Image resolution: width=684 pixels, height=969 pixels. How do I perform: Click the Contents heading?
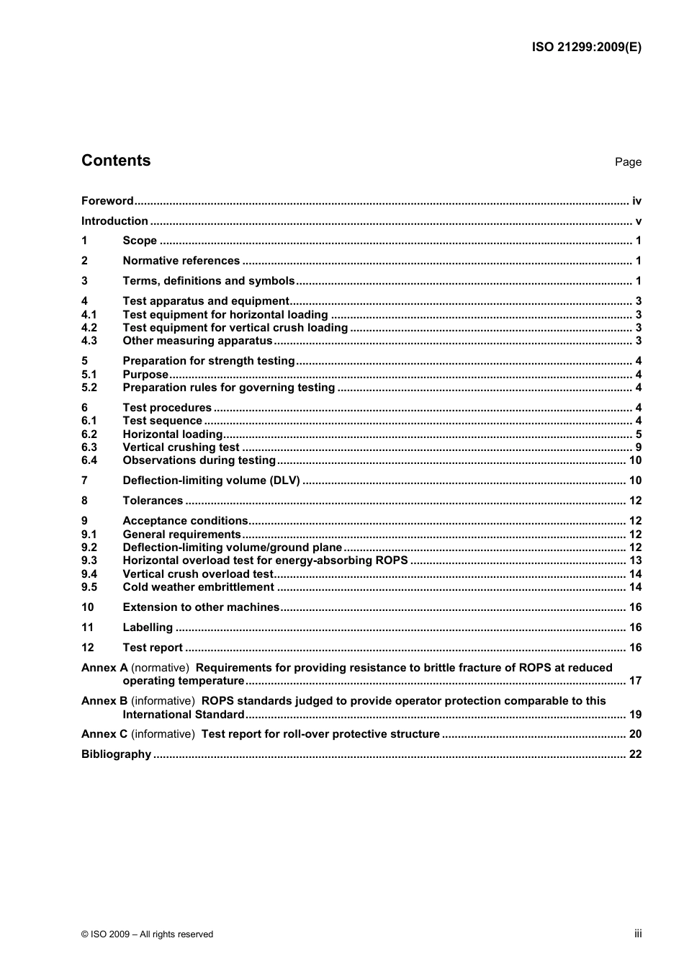tap(116, 161)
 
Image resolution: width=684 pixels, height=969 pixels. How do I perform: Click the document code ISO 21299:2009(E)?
tap(586, 48)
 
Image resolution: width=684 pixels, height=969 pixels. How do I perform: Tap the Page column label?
tap(628, 162)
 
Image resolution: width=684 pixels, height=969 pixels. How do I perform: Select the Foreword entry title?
tap(107, 201)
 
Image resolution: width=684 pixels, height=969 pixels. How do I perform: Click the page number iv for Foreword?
tap(636, 201)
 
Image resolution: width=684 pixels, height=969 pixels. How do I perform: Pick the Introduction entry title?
tap(114, 221)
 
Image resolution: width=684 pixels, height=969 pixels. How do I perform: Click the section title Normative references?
tap(181, 261)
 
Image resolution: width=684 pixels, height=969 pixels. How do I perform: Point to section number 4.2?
tap(89, 328)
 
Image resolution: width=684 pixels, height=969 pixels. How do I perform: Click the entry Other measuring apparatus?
tap(197, 341)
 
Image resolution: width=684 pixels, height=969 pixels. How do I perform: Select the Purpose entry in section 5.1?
tap(145, 375)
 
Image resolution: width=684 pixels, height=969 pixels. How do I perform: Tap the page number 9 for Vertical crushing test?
tap(638, 447)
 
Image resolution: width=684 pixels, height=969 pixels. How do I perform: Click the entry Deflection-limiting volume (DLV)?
tap(211, 481)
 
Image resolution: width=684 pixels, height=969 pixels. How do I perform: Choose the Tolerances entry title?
tap(153, 501)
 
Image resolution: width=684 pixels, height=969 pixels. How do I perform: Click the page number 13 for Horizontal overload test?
tap(635, 561)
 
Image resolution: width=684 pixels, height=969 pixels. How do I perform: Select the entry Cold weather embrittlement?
tap(198, 587)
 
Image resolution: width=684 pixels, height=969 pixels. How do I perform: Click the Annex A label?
tap(104, 668)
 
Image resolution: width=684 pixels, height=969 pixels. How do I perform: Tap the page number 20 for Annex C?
tap(635, 734)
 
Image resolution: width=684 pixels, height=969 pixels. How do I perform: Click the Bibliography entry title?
tap(116, 754)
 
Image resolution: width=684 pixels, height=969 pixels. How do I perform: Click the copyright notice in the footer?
tap(148, 934)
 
